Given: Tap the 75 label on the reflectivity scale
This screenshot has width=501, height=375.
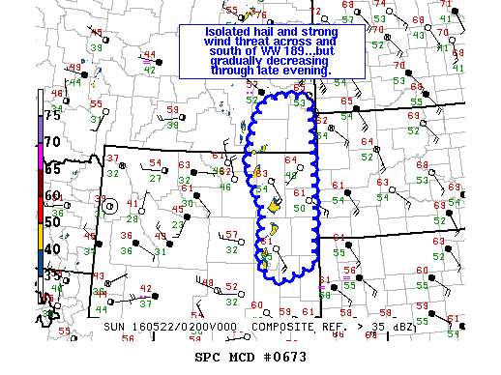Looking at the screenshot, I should coord(51,115).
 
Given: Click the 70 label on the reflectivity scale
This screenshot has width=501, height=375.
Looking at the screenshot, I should coord(51,141).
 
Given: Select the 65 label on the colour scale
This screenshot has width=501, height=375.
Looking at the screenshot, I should coord(51,168).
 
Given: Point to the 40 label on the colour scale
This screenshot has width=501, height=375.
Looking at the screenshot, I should coord(51,248).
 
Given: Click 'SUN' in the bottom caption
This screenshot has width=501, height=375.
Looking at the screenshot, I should coord(114,328).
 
